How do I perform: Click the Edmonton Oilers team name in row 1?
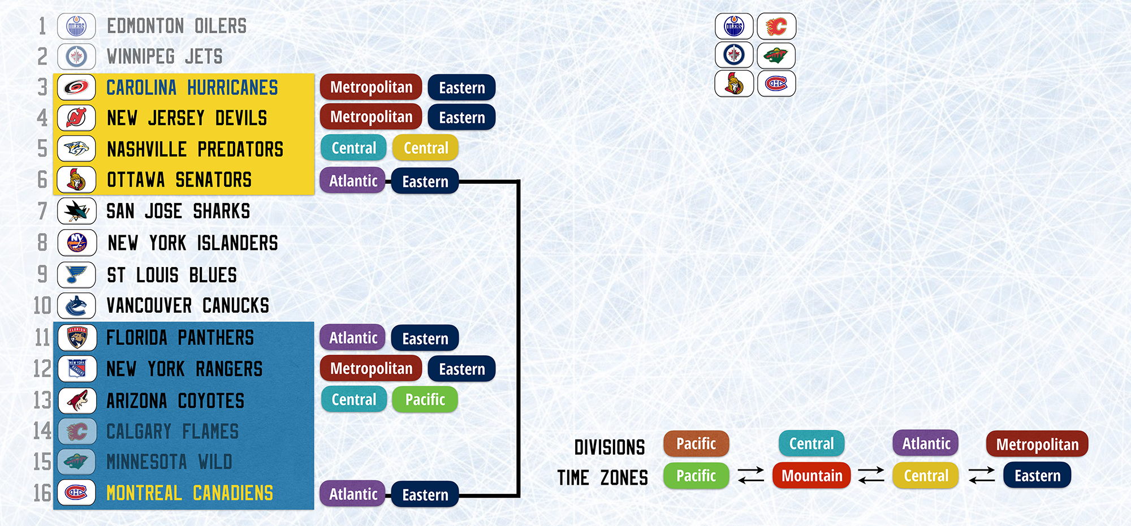pos(176,26)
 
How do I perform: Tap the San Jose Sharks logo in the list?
pos(77,212)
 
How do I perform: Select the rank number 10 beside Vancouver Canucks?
pos(42,305)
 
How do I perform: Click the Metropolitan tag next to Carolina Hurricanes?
pos(371,87)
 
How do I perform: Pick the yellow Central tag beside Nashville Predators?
pos(425,148)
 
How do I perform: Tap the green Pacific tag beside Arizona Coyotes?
pos(425,400)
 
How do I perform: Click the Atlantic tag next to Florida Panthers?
pos(353,338)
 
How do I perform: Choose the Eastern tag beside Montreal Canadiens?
pos(425,495)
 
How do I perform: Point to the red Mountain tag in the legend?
pos(811,476)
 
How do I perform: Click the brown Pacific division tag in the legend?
pos(696,444)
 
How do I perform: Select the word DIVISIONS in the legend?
pos(610,447)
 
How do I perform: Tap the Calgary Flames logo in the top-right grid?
pos(776,27)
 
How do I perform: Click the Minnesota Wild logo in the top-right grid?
pos(776,55)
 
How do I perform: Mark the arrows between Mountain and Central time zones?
pos(871,475)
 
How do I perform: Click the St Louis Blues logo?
pos(77,275)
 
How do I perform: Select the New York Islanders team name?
pos(193,243)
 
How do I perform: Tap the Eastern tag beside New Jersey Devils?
pos(461,118)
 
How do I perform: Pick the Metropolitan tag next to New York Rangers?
pos(371,369)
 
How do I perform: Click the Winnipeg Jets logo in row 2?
pos(77,57)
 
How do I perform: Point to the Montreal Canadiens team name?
pos(189,493)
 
